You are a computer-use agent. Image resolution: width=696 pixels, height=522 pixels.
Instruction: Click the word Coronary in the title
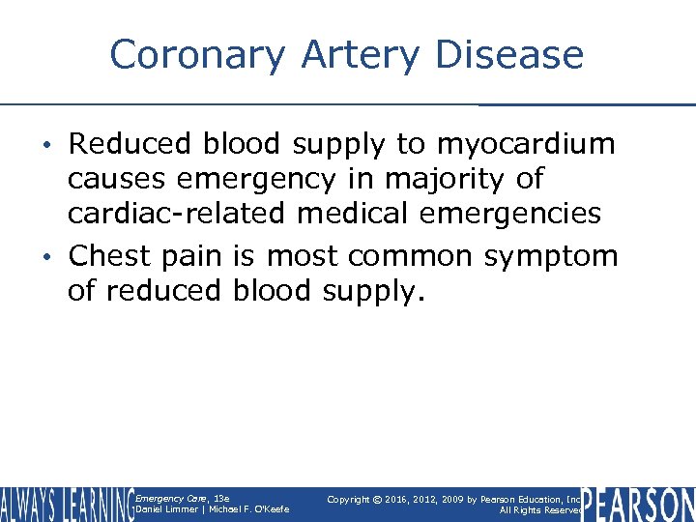(x=197, y=55)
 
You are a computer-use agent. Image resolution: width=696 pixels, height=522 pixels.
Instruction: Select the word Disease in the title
(x=509, y=55)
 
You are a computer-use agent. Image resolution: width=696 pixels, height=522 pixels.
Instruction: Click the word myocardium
(x=527, y=145)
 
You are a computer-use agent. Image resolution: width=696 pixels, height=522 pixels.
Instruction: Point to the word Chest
(x=109, y=256)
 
